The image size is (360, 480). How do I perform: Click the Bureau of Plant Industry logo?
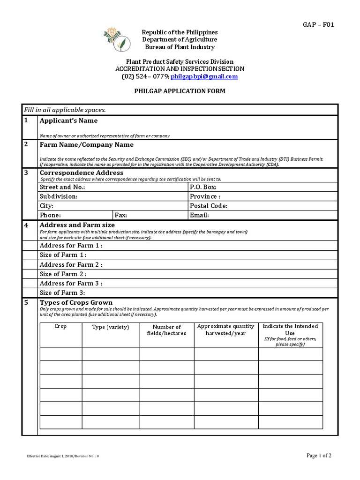click(115, 40)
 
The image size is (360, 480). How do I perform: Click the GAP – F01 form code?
click(320, 24)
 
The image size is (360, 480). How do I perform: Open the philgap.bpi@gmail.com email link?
click(204, 76)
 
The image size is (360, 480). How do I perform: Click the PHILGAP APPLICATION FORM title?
click(180, 91)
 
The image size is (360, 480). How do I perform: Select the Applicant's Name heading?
click(68, 120)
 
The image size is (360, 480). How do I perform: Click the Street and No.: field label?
click(62, 187)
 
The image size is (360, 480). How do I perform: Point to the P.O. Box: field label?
click(203, 187)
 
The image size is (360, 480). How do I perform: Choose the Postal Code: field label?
click(209, 206)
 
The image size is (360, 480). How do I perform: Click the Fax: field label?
click(121, 215)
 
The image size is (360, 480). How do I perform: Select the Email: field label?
click(199, 215)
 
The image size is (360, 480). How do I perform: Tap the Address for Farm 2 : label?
click(71, 264)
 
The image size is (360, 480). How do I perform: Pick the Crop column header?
click(61, 326)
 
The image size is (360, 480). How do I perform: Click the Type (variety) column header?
click(111, 327)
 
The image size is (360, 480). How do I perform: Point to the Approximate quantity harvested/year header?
click(226, 330)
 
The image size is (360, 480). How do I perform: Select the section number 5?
click(27, 303)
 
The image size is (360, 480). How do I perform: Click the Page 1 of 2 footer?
click(319, 455)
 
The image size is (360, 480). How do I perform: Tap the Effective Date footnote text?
click(65, 456)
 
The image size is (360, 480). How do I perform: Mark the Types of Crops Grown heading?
click(76, 302)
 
